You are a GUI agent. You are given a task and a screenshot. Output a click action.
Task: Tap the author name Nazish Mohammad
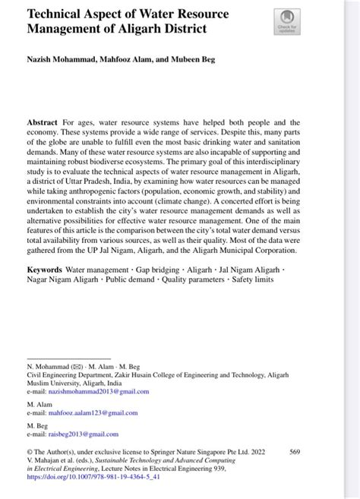[56, 58]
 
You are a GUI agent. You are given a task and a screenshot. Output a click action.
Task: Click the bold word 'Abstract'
[43, 122]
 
